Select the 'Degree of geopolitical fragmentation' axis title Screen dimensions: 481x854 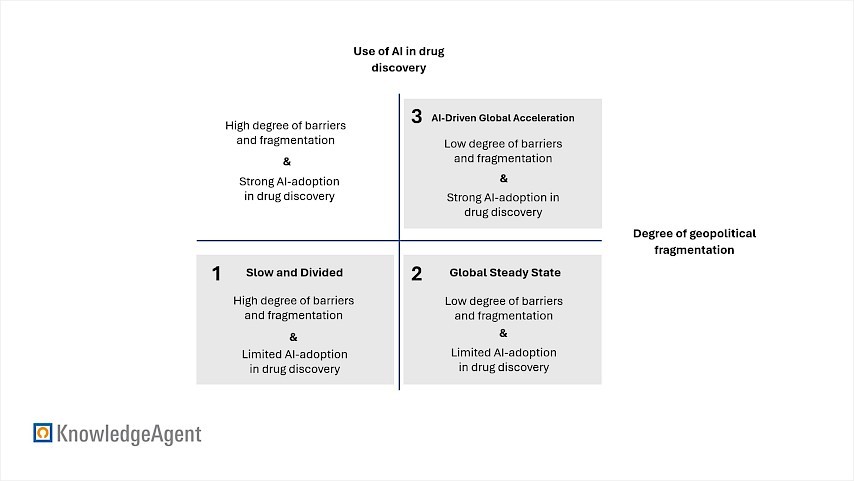click(x=694, y=241)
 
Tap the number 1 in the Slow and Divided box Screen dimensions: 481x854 click(x=216, y=273)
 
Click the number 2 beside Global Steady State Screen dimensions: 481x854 click(x=417, y=273)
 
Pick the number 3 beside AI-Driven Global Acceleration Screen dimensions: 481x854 click(x=417, y=117)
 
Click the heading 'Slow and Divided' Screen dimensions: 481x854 click(x=294, y=272)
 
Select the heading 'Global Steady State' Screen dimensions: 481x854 click(x=504, y=272)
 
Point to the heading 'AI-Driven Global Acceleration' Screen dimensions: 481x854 click(x=503, y=118)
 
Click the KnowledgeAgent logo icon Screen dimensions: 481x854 click(x=42, y=433)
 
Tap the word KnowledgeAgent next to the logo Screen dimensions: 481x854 click(x=129, y=434)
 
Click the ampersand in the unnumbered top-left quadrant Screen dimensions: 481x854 click(x=287, y=161)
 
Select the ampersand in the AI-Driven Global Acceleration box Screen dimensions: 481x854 click(x=503, y=178)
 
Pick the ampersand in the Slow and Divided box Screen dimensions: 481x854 click(x=293, y=336)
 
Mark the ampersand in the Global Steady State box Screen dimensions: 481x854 click(x=503, y=333)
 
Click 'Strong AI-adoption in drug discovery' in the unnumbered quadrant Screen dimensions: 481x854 click(x=288, y=188)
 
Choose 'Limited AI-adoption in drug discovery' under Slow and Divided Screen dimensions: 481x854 click(x=294, y=361)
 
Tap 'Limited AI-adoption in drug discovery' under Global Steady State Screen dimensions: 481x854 click(x=503, y=360)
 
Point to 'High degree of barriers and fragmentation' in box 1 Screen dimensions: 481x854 click(x=293, y=308)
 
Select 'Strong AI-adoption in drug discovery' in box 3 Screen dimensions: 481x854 click(x=503, y=204)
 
